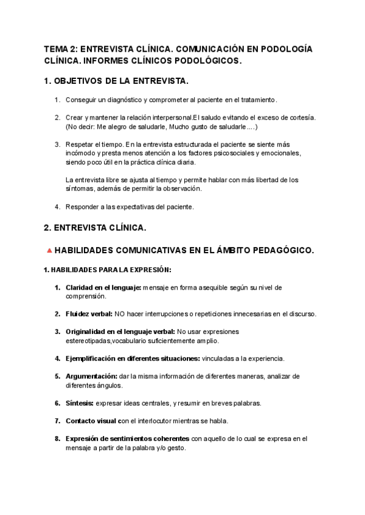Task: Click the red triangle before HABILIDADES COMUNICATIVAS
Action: [49, 250]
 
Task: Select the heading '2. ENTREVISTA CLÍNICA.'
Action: [95, 228]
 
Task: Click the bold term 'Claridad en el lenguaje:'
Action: [103, 287]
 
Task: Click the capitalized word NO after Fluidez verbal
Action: [120, 314]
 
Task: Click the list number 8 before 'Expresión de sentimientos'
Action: [57, 438]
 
